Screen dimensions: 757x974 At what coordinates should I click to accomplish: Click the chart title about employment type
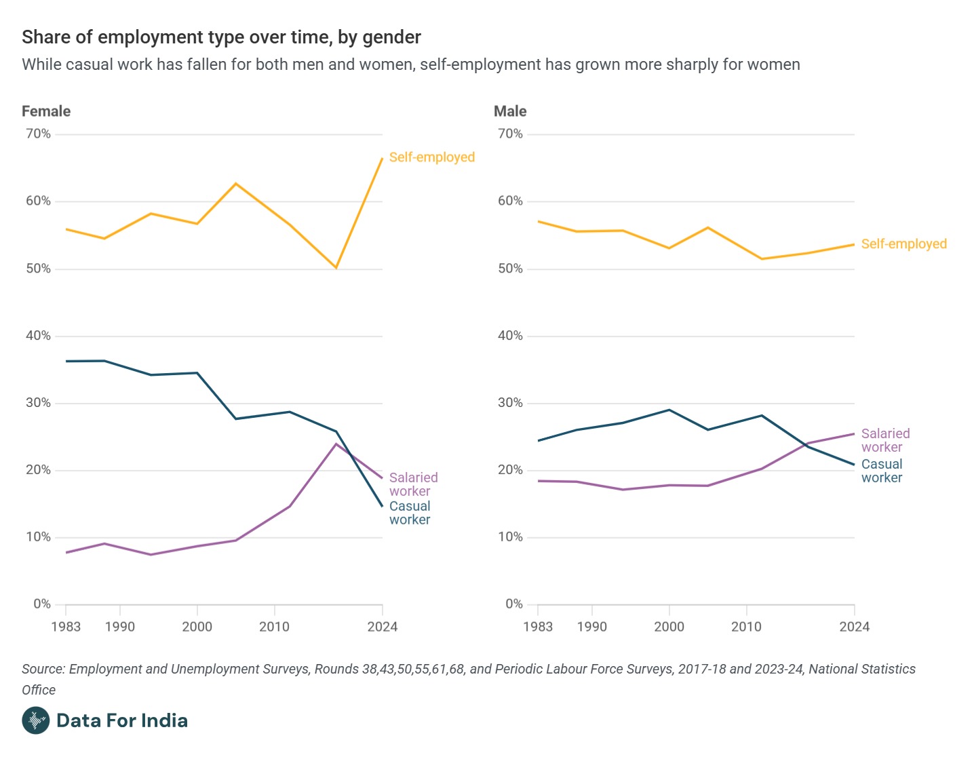point(221,37)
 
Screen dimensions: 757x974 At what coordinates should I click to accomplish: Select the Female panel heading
point(46,111)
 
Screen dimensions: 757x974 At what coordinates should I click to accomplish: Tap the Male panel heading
point(510,111)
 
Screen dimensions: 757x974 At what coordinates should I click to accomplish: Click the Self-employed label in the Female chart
point(431,157)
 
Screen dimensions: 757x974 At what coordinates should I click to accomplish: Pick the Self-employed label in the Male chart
point(903,244)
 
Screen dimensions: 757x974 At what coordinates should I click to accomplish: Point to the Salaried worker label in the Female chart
point(413,484)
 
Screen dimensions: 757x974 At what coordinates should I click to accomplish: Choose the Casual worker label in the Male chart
point(882,471)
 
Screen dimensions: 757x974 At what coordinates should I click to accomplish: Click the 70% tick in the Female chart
point(38,134)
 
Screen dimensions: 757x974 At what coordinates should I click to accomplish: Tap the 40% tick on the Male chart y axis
point(510,336)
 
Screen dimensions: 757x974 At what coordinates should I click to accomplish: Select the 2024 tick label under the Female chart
point(382,627)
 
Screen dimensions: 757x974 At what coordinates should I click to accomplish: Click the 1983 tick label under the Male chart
point(538,627)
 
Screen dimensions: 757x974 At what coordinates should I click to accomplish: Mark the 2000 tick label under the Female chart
point(197,627)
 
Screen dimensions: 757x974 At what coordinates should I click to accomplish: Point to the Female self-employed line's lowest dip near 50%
point(336,268)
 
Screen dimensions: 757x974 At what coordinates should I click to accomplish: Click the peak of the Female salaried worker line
point(336,444)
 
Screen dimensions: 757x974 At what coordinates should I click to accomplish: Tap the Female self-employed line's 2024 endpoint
point(382,159)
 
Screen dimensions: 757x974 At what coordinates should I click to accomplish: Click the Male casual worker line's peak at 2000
point(669,410)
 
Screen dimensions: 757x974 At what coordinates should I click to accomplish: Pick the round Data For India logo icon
point(35,720)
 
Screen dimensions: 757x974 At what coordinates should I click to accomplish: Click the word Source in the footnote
point(42,669)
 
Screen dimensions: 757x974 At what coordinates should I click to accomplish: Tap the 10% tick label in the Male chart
point(510,537)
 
